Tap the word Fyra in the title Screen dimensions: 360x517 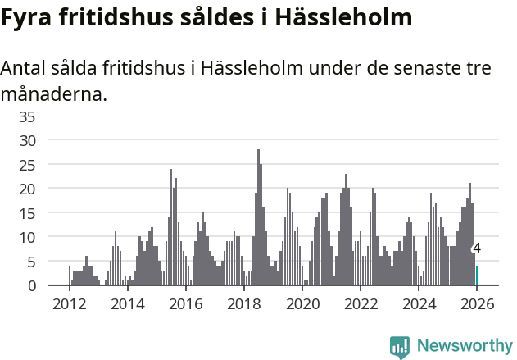28,17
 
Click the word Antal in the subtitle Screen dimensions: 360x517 24,68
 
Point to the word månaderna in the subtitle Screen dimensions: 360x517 53,94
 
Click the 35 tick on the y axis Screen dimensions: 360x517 27,116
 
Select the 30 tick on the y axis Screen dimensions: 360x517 27,140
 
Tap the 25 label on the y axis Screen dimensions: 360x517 27,165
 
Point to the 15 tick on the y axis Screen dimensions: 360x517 27,213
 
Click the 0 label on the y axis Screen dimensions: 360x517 31,286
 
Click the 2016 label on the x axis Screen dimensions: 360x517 185,304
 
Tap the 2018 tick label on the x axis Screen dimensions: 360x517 243,304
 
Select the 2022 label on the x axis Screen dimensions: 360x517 361,304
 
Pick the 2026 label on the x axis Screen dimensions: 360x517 478,304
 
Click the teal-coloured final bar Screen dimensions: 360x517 478,276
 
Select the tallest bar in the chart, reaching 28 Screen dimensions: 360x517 258,217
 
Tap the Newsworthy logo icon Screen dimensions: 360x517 400,347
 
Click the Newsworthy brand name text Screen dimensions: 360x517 464,346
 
